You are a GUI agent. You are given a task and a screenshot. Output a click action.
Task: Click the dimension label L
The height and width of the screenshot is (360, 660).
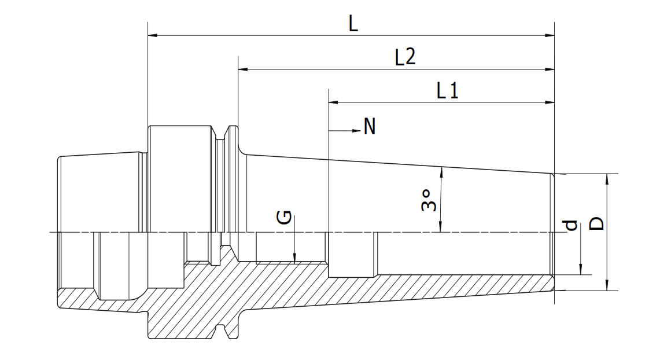353,24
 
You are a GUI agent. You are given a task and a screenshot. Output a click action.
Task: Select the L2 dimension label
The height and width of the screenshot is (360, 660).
405,57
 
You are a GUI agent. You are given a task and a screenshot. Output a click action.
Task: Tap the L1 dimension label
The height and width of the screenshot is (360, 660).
448,90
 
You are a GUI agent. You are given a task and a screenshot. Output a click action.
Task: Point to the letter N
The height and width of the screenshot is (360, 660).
369,126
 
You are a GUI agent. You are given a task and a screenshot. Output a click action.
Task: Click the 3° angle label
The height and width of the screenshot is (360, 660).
429,200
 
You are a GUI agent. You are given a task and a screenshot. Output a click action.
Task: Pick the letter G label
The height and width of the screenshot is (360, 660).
284,217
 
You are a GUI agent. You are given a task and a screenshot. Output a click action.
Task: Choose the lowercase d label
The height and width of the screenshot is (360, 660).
570,225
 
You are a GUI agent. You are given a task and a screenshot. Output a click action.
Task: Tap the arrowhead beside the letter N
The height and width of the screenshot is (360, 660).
356,131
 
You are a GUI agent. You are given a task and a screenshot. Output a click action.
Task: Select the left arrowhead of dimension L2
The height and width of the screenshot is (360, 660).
243,69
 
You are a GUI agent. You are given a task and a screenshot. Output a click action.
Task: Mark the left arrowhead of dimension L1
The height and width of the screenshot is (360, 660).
333,102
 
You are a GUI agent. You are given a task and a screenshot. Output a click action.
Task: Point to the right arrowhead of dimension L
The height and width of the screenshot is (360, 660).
550,35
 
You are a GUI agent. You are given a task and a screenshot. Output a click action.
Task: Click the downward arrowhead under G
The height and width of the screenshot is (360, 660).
294,257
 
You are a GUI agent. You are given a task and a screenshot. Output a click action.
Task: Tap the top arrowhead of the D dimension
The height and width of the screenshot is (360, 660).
607,179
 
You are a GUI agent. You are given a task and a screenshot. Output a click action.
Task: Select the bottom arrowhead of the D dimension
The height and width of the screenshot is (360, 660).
607,285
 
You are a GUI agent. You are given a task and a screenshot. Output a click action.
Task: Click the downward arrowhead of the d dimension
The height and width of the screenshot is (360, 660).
581,270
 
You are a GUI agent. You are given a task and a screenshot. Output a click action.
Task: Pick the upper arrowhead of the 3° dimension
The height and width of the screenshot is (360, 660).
441,172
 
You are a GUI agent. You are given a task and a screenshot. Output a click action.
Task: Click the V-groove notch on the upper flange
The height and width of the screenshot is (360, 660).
220,134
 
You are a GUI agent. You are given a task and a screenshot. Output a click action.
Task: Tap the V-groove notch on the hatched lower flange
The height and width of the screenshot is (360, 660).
220,332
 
